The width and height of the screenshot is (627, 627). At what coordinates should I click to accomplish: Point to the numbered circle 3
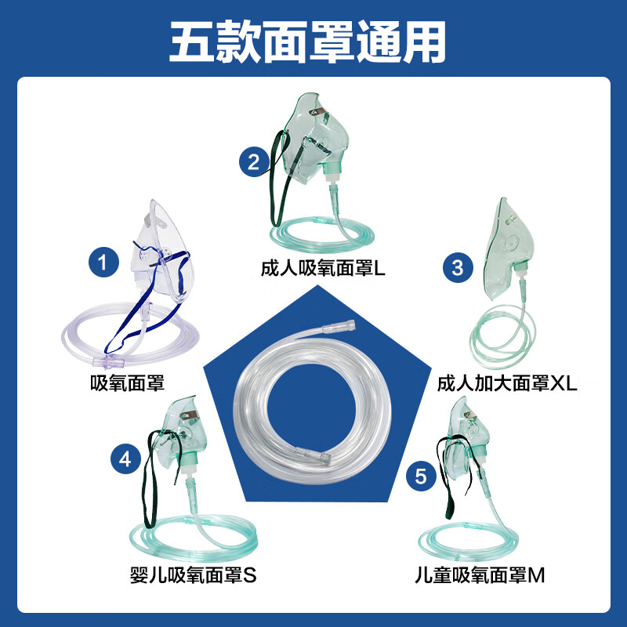click(x=458, y=267)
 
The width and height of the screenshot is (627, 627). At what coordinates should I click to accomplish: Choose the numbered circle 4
click(x=124, y=460)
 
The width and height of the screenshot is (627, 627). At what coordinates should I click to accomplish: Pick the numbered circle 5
click(x=421, y=475)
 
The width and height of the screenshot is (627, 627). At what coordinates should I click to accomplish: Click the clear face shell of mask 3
click(x=502, y=243)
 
